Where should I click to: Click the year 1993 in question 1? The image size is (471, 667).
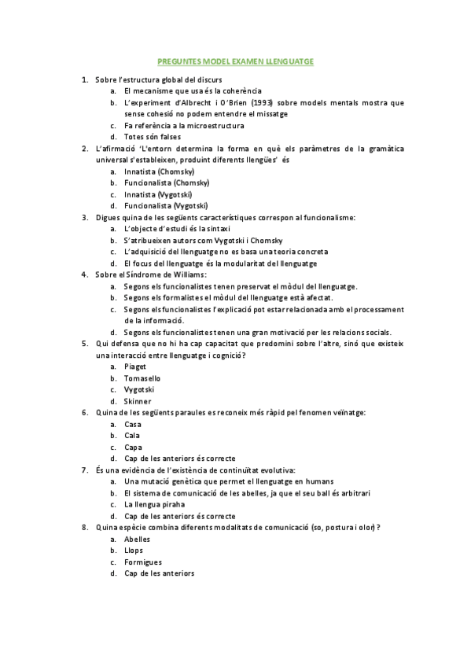(x=264, y=102)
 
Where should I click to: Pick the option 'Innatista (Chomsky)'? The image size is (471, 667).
(x=160, y=171)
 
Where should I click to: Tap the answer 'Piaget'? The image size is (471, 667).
(x=135, y=367)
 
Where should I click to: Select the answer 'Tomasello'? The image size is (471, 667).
(x=142, y=378)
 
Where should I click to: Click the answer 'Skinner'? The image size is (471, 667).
(x=138, y=401)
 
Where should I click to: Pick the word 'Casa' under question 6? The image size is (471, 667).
(x=133, y=425)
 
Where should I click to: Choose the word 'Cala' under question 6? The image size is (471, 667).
(x=132, y=436)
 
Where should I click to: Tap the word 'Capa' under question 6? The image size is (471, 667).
(x=133, y=448)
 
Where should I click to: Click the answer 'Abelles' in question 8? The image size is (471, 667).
(x=138, y=539)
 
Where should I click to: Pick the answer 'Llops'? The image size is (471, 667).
(x=134, y=551)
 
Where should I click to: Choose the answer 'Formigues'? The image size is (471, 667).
(x=143, y=562)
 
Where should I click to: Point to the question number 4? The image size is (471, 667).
(x=84, y=275)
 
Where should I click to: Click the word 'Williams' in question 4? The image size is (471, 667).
(x=187, y=275)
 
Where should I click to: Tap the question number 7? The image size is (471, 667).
(x=84, y=470)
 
